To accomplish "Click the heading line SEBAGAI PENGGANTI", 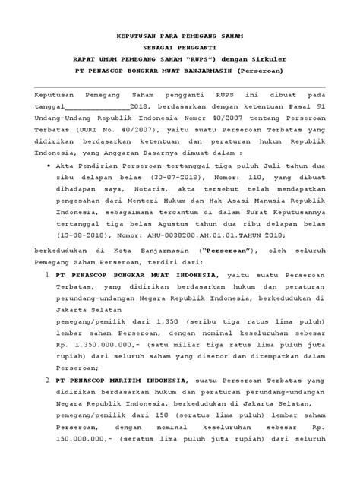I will (x=180, y=46).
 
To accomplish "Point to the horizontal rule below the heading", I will (x=180, y=89).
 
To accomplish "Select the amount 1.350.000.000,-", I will (x=103, y=347).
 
